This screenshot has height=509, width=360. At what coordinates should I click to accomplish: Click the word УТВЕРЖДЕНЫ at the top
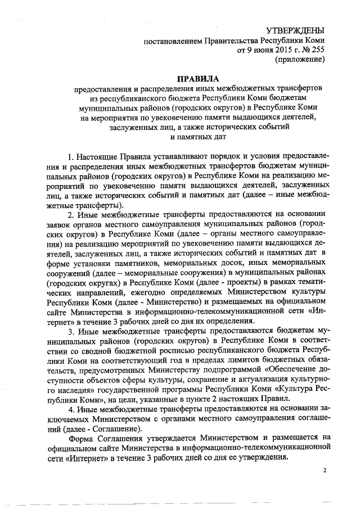pyautogui.click(x=295, y=30)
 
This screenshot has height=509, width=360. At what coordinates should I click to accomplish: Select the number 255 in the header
pyautogui.click(x=317, y=50)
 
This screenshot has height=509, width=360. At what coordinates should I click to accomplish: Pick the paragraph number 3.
pyautogui.click(x=70, y=331)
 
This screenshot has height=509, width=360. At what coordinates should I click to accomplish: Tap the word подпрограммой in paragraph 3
pyautogui.click(x=230, y=372)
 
